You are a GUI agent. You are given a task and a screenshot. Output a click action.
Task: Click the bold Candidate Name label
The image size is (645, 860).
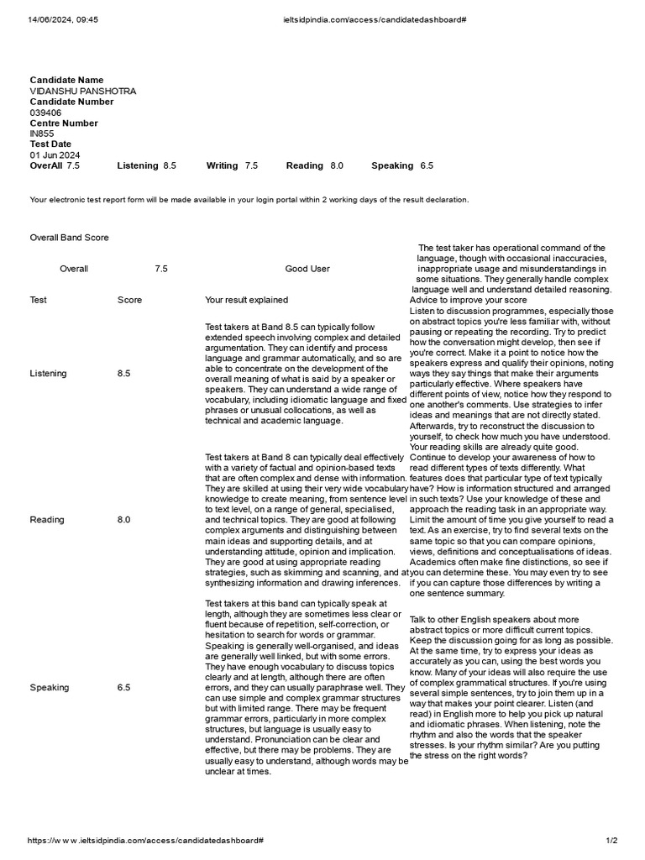coord(66,80)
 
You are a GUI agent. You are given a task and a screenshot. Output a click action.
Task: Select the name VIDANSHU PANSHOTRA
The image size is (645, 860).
coord(82,91)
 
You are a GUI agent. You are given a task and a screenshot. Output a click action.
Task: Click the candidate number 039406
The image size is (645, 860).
coord(45,113)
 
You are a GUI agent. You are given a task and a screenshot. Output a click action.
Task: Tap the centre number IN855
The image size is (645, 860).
coord(42,134)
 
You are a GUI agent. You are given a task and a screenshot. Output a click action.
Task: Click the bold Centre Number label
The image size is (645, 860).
coord(65,123)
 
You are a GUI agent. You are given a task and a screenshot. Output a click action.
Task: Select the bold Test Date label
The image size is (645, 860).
coord(50,144)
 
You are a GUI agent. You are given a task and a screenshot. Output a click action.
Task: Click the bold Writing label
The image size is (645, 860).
coord(223,165)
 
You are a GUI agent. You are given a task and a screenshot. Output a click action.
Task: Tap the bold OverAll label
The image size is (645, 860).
coord(46,165)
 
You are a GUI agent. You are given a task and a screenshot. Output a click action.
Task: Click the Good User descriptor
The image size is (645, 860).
coord(307,269)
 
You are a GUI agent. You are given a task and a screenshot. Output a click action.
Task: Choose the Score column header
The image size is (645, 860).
coord(129,300)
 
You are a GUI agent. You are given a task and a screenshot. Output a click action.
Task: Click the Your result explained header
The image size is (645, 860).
coord(246,300)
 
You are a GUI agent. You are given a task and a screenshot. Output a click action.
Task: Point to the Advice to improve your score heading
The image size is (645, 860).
coord(469,300)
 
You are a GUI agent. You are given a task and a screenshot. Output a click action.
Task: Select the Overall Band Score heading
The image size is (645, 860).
coord(69,238)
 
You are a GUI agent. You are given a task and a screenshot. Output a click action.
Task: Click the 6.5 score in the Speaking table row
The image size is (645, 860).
coord(124,688)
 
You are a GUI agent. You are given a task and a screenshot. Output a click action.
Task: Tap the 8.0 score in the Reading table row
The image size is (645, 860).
coord(124,520)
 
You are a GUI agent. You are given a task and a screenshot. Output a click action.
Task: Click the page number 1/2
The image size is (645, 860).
coord(611,841)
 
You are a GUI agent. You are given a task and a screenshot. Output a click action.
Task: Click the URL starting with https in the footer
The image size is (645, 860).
coord(146,841)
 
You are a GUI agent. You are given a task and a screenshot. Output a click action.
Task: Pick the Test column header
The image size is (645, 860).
coord(39,300)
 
